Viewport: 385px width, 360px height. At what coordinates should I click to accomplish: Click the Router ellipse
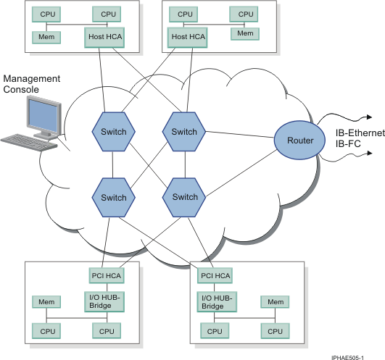[299, 141]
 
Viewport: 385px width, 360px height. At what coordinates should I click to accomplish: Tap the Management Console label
[31, 84]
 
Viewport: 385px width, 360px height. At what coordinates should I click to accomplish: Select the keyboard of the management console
[29, 142]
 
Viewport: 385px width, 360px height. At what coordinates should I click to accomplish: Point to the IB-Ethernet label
[360, 133]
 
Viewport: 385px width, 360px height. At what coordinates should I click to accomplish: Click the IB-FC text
[348, 143]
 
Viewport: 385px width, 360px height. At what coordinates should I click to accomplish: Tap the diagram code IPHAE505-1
[347, 358]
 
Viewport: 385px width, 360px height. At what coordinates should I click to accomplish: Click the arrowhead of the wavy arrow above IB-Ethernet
[370, 117]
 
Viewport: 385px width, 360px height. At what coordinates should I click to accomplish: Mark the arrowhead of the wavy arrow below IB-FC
[370, 154]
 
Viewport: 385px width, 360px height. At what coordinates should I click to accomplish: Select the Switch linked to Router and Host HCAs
[184, 132]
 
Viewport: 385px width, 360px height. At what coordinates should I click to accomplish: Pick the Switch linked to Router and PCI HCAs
[184, 198]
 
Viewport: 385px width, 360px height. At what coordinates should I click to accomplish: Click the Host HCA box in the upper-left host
[104, 37]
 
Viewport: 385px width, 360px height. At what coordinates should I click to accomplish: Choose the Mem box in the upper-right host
[245, 33]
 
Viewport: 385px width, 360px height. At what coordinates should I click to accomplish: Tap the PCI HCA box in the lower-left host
[107, 276]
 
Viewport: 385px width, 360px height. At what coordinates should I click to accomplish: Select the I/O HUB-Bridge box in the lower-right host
[217, 302]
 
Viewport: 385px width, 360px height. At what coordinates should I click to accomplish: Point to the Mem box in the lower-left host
[46, 302]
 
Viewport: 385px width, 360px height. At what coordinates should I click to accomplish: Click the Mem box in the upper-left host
[46, 37]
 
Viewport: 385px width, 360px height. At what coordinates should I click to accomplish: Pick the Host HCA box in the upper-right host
[187, 37]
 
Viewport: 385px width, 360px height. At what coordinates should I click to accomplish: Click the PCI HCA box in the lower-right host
[215, 276]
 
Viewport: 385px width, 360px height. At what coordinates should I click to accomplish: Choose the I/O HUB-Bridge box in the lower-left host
[104, 301]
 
